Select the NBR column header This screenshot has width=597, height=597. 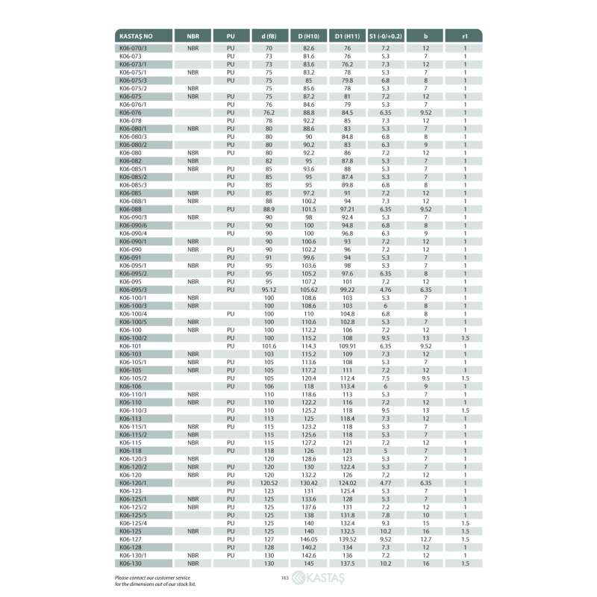click(x=193, y=36)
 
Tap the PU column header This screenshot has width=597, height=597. click(x=231, y=36)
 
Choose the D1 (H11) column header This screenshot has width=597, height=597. click(x=347, y=36)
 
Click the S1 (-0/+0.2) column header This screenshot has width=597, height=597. click(x=386, y=36)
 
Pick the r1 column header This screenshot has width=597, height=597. click(x=466, y=36)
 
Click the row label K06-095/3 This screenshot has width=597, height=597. click(x=134, y=289)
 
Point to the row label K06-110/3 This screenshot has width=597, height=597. click(x=134, y=410)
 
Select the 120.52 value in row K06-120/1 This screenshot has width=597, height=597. click(x=269, y=483)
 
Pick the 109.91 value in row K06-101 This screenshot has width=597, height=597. click(x=347, y=346)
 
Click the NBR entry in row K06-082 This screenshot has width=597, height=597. click(x=193, y=160)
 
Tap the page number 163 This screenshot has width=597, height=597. click(x=284, y=578)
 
